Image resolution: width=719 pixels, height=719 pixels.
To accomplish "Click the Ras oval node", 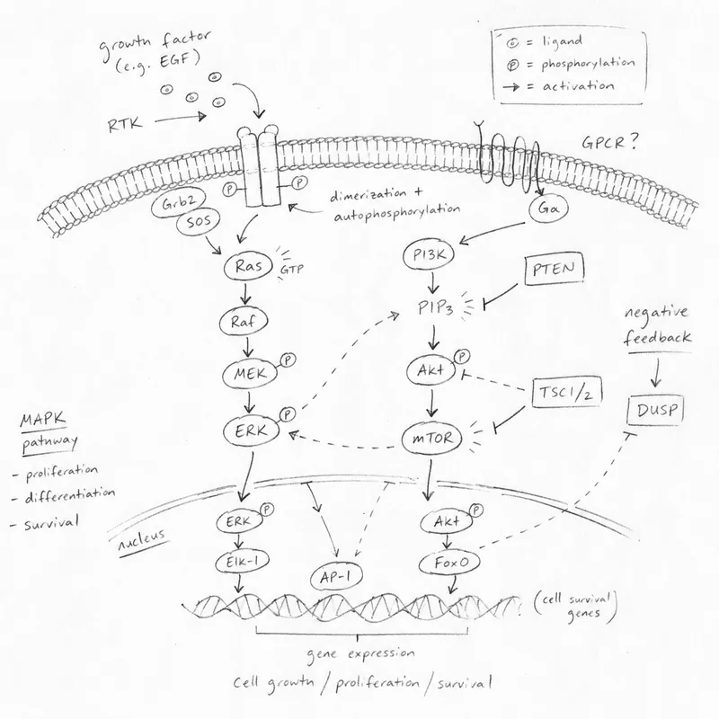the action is point(248,267).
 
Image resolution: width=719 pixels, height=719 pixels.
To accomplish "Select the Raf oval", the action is point(243,322).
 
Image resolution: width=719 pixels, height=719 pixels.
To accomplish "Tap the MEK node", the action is point(251,375).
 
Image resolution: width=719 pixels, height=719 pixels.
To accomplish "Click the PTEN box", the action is point(554,269).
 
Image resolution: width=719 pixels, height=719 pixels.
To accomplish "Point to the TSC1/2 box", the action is point(567,394).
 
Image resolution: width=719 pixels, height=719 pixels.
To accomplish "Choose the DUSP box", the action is point(655,409).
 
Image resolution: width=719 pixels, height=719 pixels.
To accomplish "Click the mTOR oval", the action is point(431,439).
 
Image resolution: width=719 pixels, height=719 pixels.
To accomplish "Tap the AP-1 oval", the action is point(335,577).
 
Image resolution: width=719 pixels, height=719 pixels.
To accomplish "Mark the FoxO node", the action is point(450,563).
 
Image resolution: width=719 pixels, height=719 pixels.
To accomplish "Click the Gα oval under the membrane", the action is point(548,209).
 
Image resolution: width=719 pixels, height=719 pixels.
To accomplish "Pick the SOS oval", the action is point(199,222).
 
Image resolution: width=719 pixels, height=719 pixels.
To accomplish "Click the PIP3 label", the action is point(435,308).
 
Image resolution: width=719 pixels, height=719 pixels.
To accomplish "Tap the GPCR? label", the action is point(609,143).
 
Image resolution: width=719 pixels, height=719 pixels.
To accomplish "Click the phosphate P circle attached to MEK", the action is point(288,361).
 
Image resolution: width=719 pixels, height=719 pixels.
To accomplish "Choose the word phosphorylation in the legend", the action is point(588,64).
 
